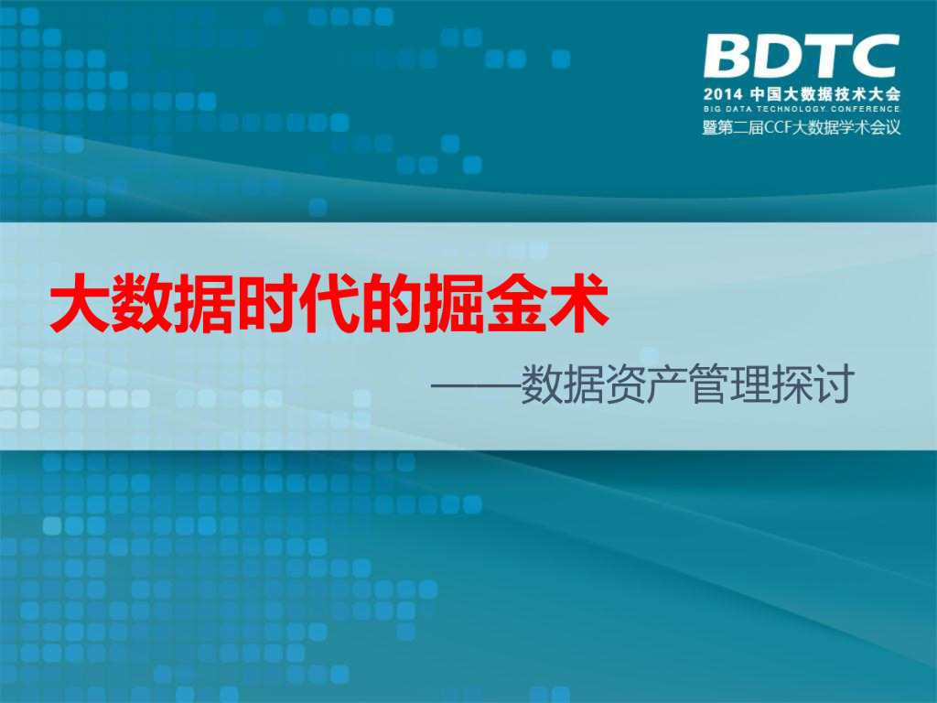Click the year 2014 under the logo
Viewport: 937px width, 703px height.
tap(722, 94)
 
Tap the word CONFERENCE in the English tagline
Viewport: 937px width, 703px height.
tap(866, 111)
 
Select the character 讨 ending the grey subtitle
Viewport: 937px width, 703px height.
tap(832, 385)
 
